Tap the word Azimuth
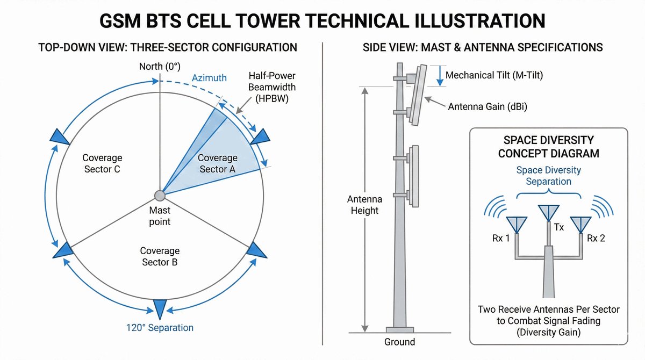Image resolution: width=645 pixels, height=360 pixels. pyautogui.click(x=209, y=78)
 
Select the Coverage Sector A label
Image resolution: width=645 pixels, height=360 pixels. pyautogui.click(x=218, y=163)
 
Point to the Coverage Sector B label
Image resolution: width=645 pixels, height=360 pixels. pyautogui.click(x=160, y=256)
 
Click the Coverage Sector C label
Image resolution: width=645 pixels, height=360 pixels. pyautogui.click(x=102, y=163)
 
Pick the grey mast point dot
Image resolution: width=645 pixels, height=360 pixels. pyautogui.click(x=160, y=196)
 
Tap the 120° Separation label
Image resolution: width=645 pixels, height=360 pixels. pyautogui.click(x=160, y=327)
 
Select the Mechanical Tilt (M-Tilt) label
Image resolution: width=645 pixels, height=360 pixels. pyautogui.click(x=494, y=75)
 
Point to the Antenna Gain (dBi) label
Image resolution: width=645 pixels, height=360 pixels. pyautogui.click(x=488, y=107)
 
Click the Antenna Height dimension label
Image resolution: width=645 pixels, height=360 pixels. pyautogui.click(x=364, y=205)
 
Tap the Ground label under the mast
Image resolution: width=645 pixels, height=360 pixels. pyautogui.click(x=399, y=342)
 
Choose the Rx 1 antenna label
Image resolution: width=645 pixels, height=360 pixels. pyautogui.click(x=496, y=238)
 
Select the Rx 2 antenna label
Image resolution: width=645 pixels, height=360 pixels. pyautogui.click(x=596, y=238)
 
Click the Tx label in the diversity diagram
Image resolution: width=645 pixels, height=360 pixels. pyautogui.click(x=559, y=228)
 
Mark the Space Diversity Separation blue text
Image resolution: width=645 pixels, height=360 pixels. pyautogui.click(x=548, y=176)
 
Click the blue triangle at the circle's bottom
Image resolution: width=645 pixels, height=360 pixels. pyautogui.click(x=160, y=307)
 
